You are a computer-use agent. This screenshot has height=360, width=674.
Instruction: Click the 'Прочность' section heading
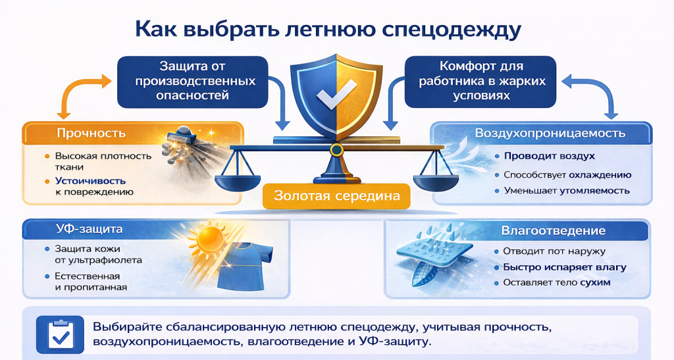coord(91,134)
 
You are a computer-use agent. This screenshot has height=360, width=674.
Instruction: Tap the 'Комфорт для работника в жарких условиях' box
coord(479,81)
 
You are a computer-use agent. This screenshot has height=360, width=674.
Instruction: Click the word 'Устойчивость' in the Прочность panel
coord(91,180)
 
